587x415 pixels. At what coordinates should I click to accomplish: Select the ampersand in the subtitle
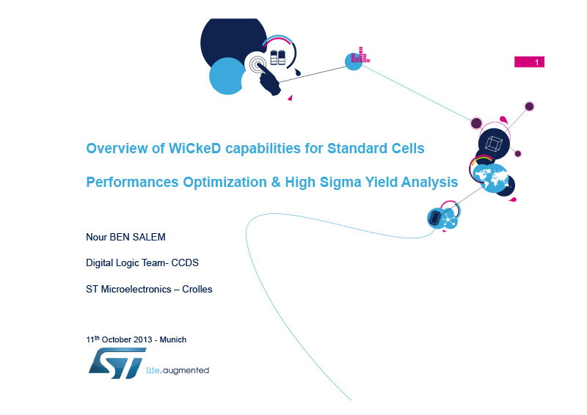[276, 183]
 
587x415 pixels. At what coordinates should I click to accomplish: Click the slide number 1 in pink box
[536, 62]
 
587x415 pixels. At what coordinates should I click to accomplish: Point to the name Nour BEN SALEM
[125, 237]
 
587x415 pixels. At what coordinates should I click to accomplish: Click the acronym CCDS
[185, 262]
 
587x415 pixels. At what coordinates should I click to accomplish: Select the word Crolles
[197, 290]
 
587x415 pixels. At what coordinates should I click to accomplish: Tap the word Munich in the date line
[173, 339]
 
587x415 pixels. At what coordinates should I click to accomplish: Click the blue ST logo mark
[117, 363]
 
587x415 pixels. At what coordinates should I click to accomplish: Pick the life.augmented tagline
[178, 370]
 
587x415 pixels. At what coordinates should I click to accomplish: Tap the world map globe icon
[491, 178]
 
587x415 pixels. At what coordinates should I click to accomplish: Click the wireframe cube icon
[493, 144]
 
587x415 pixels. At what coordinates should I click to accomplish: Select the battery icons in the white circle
[278, 57]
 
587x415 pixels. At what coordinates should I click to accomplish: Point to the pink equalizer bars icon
[360, 55]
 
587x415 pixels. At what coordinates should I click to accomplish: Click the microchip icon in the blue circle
[435, 218]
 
